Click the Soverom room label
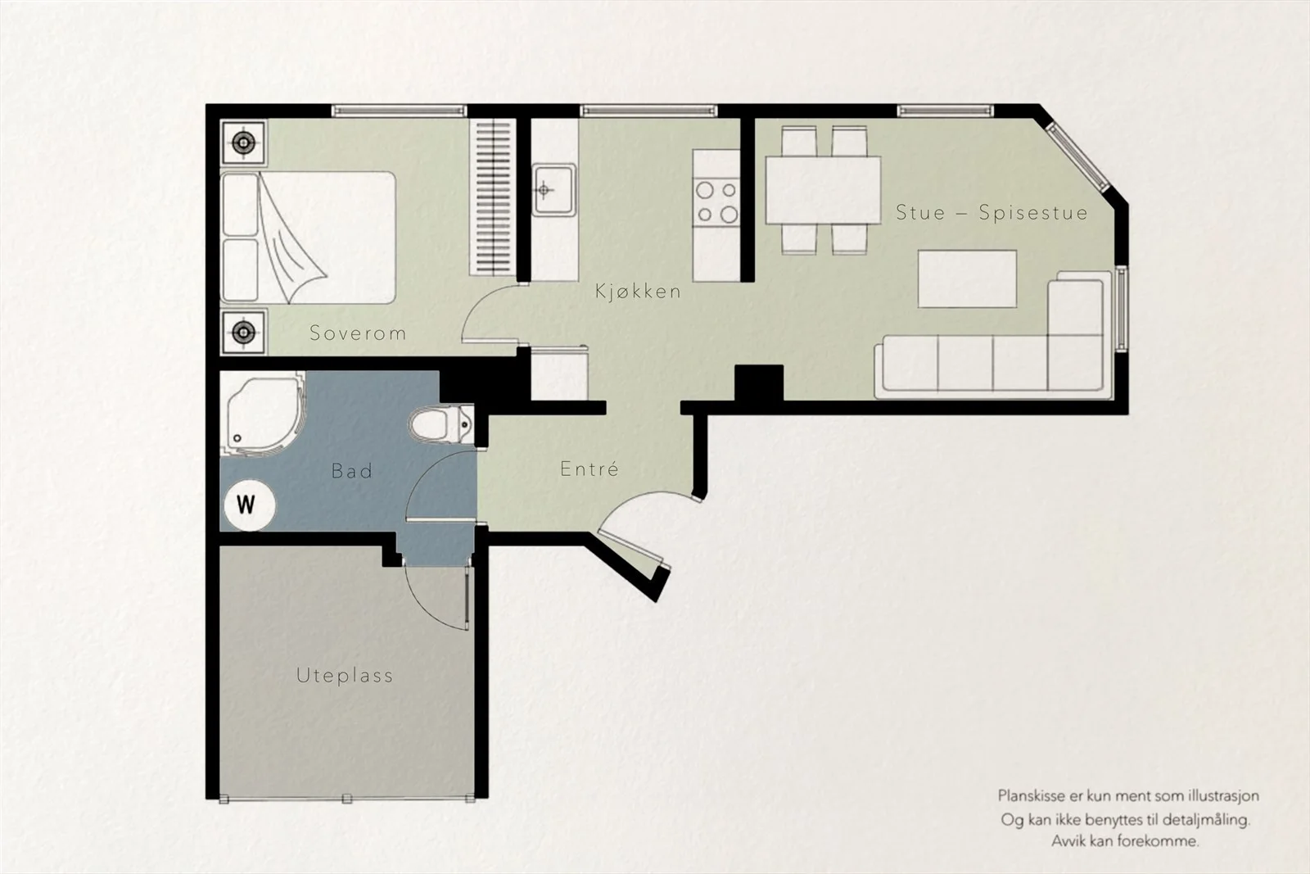(x=357, y=333)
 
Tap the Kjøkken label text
(x=638, y=291)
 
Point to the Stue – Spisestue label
(x=992, y=212)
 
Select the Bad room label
(x=351, y=470)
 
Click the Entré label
(x=589, y=468)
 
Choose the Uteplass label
(x=345, y=676)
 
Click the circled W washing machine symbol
(x=249, y=505)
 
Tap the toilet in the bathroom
(x=441, y=424)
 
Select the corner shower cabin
(x=263, y=413)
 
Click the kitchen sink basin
(x=553, y=189)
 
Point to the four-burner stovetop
(x=716, y=201)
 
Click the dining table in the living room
(x=823, y=190)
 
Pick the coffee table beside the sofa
(x=967, y=279)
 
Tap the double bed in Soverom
(x=308, y=238)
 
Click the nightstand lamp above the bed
(x=243, y=143)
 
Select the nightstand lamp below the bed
(x=243, y=333)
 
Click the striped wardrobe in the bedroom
(x=493, y=197)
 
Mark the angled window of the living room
(x=1077, y=156)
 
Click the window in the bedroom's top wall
(x=399, y=111)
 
